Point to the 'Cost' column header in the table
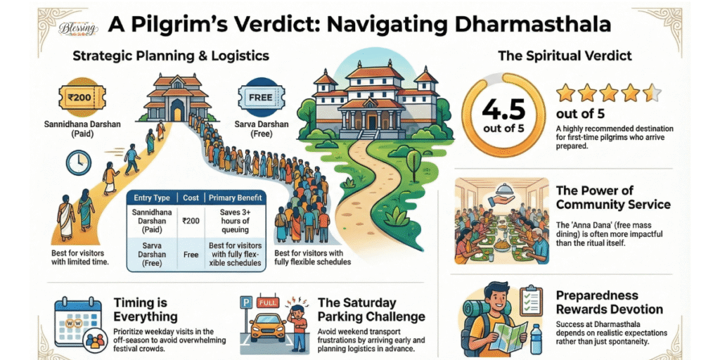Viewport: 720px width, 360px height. (190, 199)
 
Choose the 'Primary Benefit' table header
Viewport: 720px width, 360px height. (236, 199)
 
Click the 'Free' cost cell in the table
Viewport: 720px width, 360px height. (190, 254)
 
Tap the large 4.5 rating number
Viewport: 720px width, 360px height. (503, 110)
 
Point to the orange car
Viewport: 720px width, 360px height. (267, 328)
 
